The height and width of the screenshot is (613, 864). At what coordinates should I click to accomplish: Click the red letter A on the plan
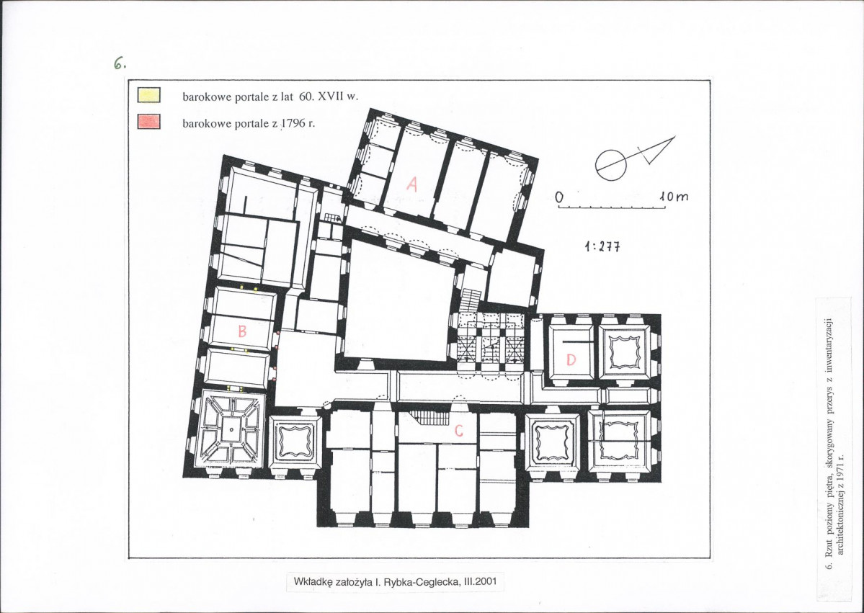click(x=411, y=184)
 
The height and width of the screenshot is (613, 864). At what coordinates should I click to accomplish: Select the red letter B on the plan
click(x=241, y=331)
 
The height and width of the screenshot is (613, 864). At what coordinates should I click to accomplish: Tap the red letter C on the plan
click(x=458, y=431)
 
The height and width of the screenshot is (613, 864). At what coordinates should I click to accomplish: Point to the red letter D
click(x=571, y=360)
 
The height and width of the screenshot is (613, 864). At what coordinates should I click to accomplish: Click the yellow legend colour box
click(x=148, y=95)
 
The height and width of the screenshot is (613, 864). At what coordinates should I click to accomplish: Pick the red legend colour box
click(x=148, y=121)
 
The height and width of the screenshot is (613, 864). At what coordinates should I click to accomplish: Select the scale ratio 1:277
click(x=602, y=247)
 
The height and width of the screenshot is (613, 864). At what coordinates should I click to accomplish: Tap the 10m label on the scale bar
click(x=673, y=196)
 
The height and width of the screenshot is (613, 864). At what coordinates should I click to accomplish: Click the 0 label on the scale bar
click(x=559, y=197)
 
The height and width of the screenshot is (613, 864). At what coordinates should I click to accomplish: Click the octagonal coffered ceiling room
click(x=231, y=429)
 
